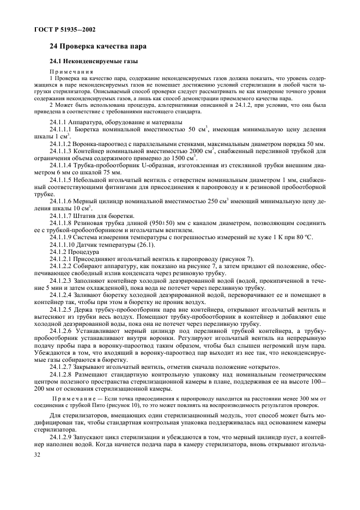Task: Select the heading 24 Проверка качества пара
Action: click(x=97, y=47)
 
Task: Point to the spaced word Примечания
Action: click(x=71, y=71)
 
